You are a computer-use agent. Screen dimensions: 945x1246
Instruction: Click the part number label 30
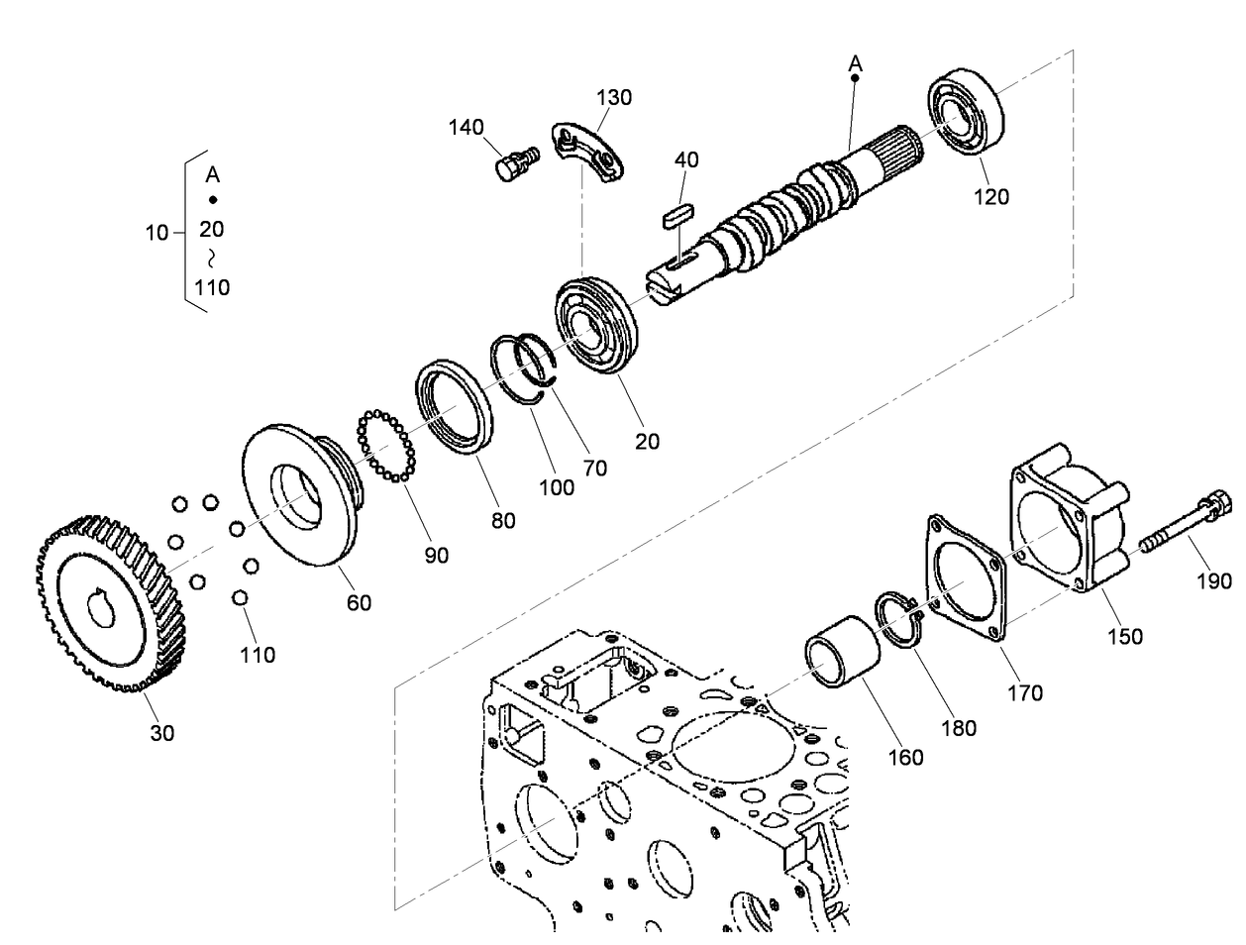coord(161,733)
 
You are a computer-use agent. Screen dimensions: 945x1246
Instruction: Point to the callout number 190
coord(1212,580)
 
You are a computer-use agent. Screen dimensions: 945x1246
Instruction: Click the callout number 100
coord(556,486)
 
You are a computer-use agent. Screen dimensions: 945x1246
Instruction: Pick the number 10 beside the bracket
coord(156,234)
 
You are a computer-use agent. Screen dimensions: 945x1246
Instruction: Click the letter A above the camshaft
coord(856,64)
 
